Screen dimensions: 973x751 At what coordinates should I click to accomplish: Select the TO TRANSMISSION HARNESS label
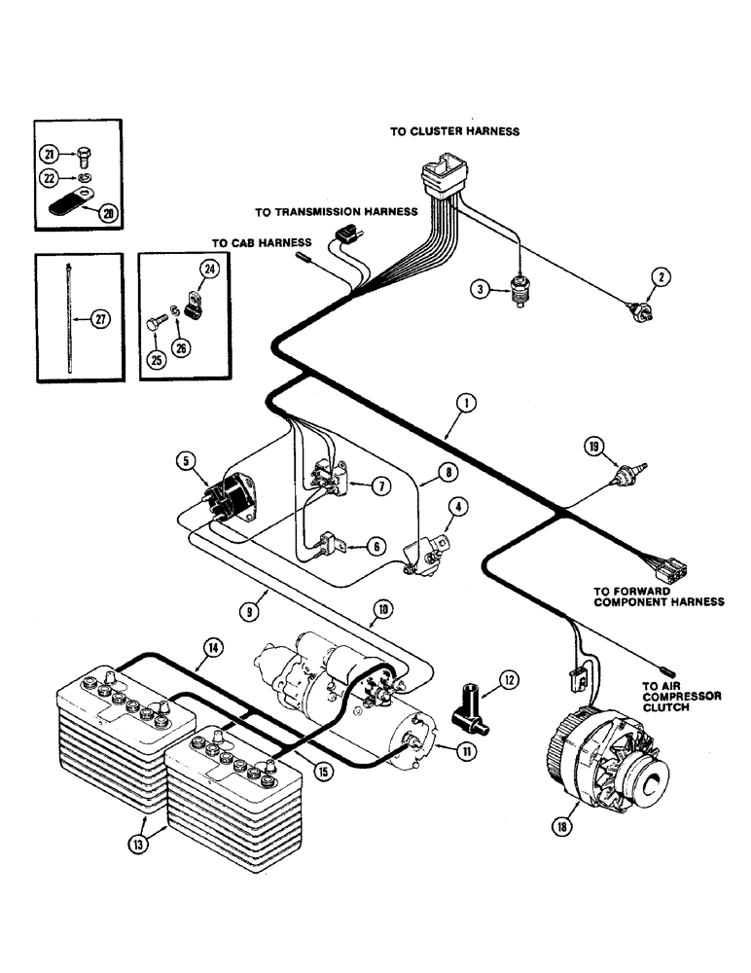coord(336,210)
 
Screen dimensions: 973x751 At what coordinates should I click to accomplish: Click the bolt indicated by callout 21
coord(83,152)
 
